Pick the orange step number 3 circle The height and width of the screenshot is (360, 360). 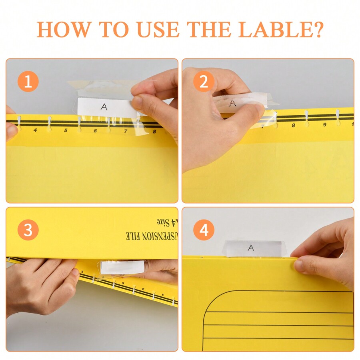28,230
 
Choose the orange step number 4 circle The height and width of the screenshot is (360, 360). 204,230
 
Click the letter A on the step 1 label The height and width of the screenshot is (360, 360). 104,107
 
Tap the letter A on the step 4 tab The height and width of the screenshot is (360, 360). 251,248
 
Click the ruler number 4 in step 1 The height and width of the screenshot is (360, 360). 35,130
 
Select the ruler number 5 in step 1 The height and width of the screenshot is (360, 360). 66,130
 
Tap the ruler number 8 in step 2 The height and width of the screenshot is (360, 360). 293,126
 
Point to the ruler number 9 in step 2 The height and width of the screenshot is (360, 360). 325,125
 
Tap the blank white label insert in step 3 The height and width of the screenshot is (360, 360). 122,268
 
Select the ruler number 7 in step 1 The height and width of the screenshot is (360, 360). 125,131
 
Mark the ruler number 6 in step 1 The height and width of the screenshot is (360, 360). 95,131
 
